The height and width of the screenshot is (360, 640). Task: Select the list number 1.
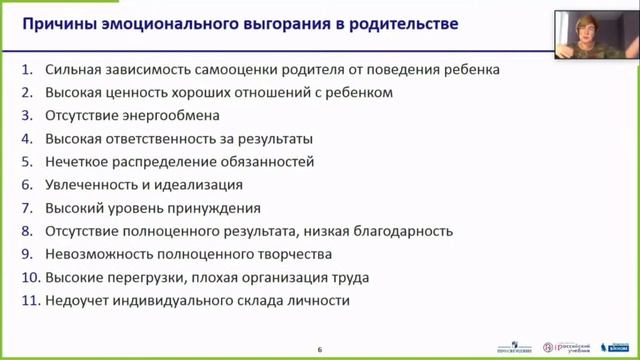tap(27, 70)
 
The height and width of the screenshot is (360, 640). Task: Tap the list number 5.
tap(27, 162)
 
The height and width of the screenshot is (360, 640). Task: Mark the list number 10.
tap(30, 278)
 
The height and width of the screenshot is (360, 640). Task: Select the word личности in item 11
tap(318, 301)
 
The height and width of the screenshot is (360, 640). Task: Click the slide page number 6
tap(320, 349)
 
